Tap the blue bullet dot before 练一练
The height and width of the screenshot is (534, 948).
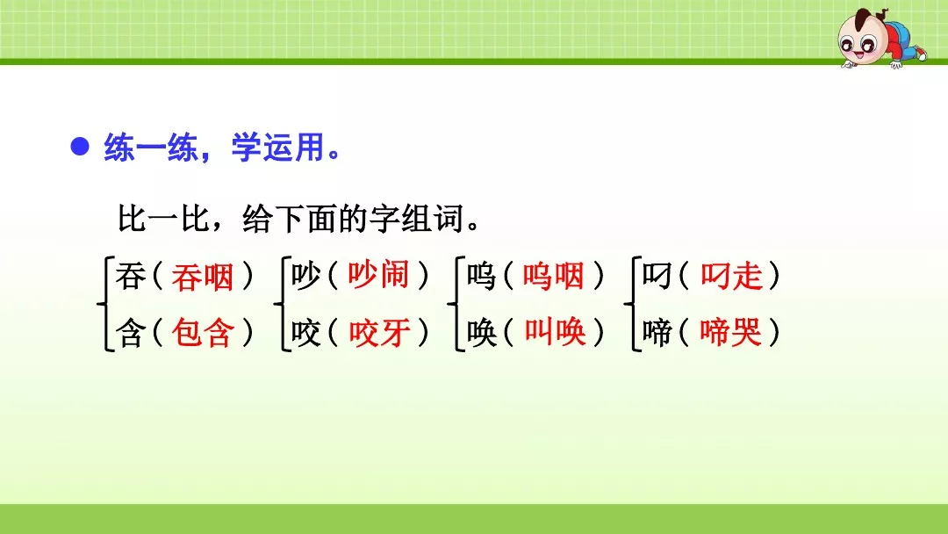[x=81, y=148]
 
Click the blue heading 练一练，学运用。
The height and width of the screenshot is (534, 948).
[x=222, y=148]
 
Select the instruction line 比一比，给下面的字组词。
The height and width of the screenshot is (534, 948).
[x=299, y=219]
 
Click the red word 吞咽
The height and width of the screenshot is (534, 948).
[x=203, y=277]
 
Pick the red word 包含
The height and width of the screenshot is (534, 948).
[x=203, y=333]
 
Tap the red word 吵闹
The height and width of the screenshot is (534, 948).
[x=378, y=277]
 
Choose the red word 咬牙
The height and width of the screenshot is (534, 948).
[x=379, y=333]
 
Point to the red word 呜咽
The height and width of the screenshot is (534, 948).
[x=553, y=277]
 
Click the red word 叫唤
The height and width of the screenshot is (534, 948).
[x=555, y=333]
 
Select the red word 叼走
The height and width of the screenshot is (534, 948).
[x=731, y=277]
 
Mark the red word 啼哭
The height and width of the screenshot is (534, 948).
[x=731, y=333]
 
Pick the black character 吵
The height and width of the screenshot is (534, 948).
[x=306, y=277]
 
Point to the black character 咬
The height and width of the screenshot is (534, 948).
[x=306, y=333]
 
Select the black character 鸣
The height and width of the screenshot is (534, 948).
[x=482, y=277]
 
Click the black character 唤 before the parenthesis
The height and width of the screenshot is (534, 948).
[x=482, y=333]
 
